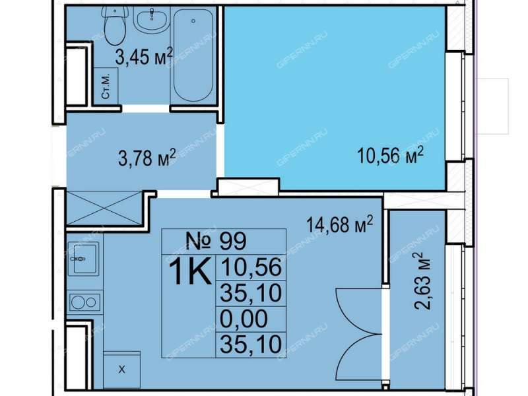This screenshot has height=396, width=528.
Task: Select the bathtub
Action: pos(193,55)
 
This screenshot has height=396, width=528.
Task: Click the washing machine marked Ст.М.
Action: pos(106,86)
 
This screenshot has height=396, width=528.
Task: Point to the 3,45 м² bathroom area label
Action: pos(144,56)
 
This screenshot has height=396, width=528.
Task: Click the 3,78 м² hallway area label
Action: pos(147,158)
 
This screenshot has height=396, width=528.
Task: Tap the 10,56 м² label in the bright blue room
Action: pos(390,156)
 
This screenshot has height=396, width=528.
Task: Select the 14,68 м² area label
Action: pos(339,224)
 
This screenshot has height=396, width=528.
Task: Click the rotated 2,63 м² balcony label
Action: pos(422,281)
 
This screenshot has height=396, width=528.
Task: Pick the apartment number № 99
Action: pos(216,241)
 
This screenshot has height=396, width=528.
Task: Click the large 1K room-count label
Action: pos(190,271)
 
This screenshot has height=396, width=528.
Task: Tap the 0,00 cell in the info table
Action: pos(244,319)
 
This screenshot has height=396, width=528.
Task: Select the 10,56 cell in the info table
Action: pos(251,267)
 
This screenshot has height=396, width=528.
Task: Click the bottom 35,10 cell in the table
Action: pos(251,345)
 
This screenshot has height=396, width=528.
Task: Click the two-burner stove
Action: pos(84,302)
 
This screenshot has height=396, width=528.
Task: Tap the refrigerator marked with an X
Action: pos(121,370)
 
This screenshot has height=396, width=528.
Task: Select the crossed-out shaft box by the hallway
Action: pos(105,208)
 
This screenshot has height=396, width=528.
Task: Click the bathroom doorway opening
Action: pos(145,108)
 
